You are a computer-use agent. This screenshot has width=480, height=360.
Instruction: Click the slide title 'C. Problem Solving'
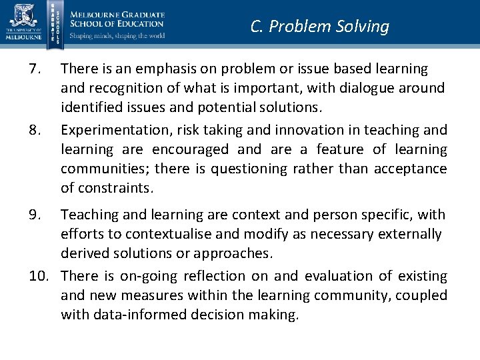[x=319, y=27]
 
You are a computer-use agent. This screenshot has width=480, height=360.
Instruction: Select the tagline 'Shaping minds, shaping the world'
[x=117, y=36]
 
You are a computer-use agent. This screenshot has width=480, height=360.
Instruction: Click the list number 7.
[x=38, y=69]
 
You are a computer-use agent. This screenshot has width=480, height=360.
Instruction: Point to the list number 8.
[x=38, y=130]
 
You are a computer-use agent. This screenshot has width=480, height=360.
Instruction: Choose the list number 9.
[x=38, y=215]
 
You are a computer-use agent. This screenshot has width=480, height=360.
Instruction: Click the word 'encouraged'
[x=191, y=149]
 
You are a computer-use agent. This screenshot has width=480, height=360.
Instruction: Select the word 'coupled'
[x=423, y=295]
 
